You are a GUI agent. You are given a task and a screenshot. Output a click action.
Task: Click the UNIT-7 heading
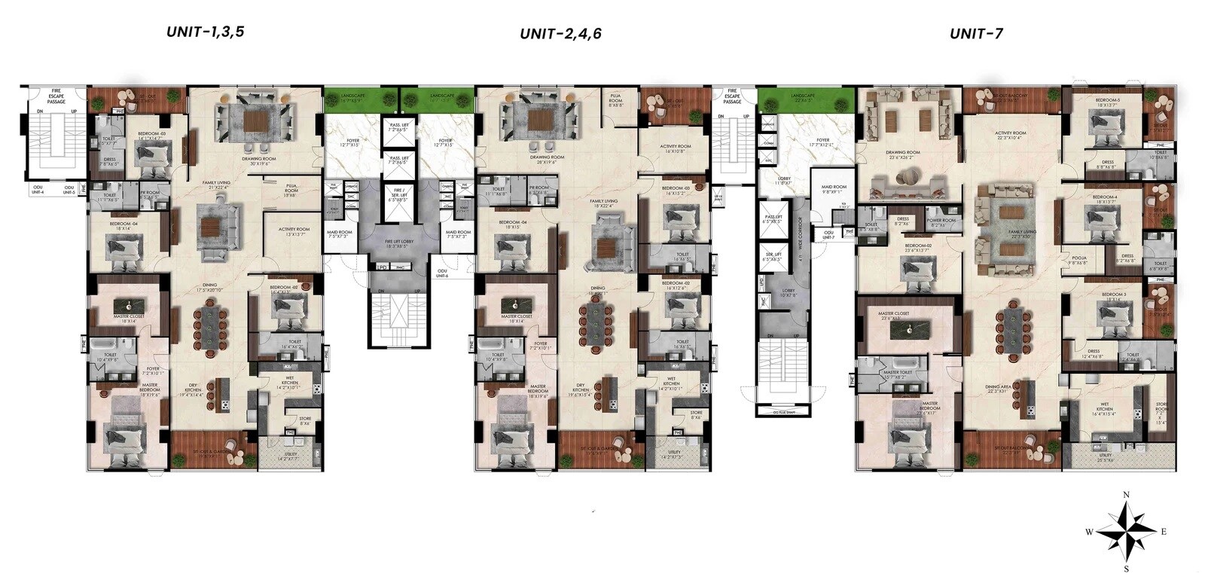coord(975,33)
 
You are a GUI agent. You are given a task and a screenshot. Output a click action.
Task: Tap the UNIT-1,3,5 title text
coord(206,32)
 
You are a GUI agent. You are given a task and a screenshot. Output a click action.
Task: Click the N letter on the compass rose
coord(1126,495)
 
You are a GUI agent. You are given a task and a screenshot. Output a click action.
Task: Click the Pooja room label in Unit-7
coord(1079,261)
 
